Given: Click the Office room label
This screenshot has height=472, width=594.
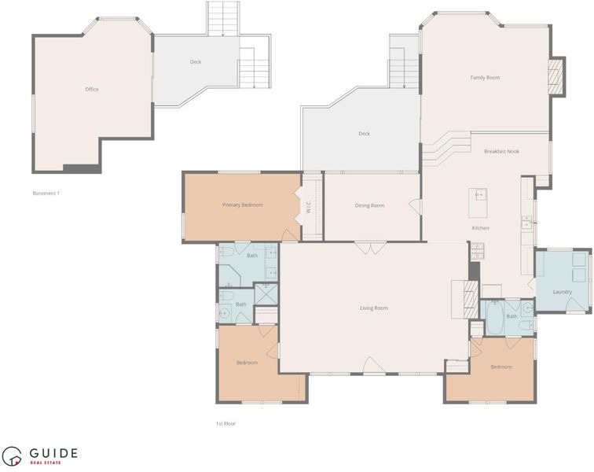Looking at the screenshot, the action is click(92, 90).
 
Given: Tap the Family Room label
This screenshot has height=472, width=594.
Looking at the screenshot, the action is click(485, 78).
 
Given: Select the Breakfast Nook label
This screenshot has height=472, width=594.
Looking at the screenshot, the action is click(501, 151).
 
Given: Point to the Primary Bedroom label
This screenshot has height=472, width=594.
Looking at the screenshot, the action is click(243, 205).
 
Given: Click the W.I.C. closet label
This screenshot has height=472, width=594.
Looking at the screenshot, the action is click(308, 206).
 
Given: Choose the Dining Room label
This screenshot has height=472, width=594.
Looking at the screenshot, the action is click(369, 205).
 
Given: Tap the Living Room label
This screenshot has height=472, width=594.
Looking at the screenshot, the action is click(374, 308).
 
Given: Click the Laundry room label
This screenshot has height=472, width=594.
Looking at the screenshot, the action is click(563, 292).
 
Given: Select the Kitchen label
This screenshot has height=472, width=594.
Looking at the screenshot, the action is click(480, 228).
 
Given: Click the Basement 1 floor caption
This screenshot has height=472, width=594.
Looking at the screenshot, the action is click(46, 194).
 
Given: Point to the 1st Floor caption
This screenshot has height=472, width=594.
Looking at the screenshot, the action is click(225, 424).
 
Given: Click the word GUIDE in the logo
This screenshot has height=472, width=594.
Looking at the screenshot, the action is click(53, 453).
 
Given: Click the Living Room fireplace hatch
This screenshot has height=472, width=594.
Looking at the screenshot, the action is click(471, 300).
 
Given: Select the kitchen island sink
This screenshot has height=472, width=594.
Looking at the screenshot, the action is click(481, 195).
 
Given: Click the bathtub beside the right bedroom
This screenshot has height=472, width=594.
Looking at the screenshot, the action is click(495, 317).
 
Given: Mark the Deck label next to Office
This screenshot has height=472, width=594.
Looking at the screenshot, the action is click(196, 62).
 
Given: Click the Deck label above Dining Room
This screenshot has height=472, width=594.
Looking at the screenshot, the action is click(364, 134).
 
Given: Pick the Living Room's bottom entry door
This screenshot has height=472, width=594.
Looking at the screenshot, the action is click(374, 366).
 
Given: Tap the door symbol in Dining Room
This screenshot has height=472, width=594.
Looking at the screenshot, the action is click(415, 206).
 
